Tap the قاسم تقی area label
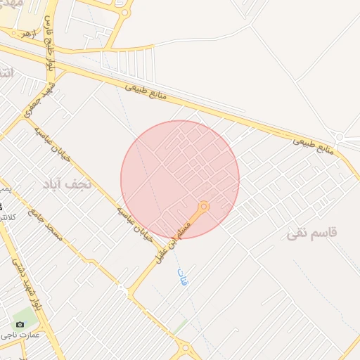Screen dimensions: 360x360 314,233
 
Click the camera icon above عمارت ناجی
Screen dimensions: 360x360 20,324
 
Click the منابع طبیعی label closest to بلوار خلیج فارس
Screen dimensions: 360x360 149,89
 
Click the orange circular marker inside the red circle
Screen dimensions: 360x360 204,206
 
